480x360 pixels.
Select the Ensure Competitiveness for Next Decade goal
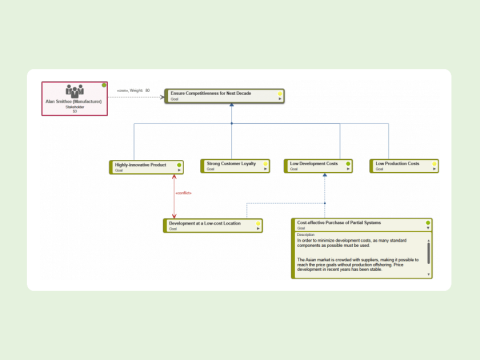coord(221,95)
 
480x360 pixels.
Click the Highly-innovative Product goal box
coord(146,166)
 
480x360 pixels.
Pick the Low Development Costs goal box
coord(319,166)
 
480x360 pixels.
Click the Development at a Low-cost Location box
coord(213,226)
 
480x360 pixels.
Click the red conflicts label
coord(183,193)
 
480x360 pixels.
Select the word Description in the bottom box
coord(306,234)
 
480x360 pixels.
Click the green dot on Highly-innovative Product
coord(179,163)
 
